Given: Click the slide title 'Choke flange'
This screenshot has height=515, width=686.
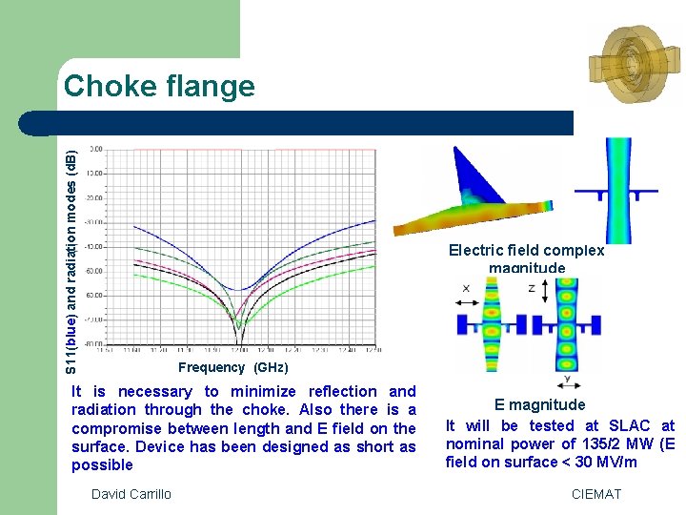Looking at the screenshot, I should point(159,87).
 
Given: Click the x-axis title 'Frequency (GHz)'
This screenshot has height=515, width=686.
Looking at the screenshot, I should point(232,367).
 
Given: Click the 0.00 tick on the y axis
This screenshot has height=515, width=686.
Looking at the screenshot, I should point(96,150).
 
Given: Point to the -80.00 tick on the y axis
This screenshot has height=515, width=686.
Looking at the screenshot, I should point(95,343).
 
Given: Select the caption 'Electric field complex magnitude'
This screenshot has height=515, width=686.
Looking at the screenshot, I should point(526,258).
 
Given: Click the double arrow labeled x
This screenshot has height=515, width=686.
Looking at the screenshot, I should point(467,302).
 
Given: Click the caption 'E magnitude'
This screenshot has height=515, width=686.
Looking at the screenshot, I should point(539,405).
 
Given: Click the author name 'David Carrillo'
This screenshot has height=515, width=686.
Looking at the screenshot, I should point(131,494).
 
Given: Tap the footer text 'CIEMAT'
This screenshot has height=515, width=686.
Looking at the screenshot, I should point(595,494).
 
